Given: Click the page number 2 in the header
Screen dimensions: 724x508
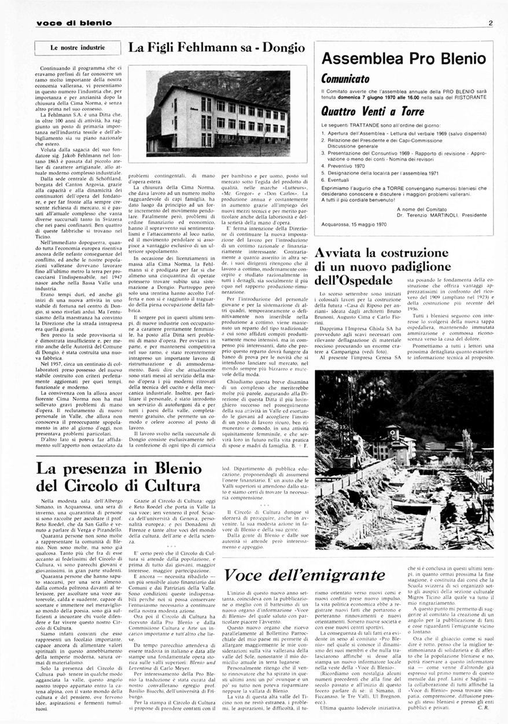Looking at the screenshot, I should (489, 23).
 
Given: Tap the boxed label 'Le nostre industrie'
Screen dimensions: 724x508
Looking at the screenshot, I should (78, 47).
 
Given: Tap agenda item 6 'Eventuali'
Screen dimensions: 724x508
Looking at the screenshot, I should (341, 180).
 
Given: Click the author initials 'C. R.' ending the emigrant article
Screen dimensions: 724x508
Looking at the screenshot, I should (484, 707).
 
